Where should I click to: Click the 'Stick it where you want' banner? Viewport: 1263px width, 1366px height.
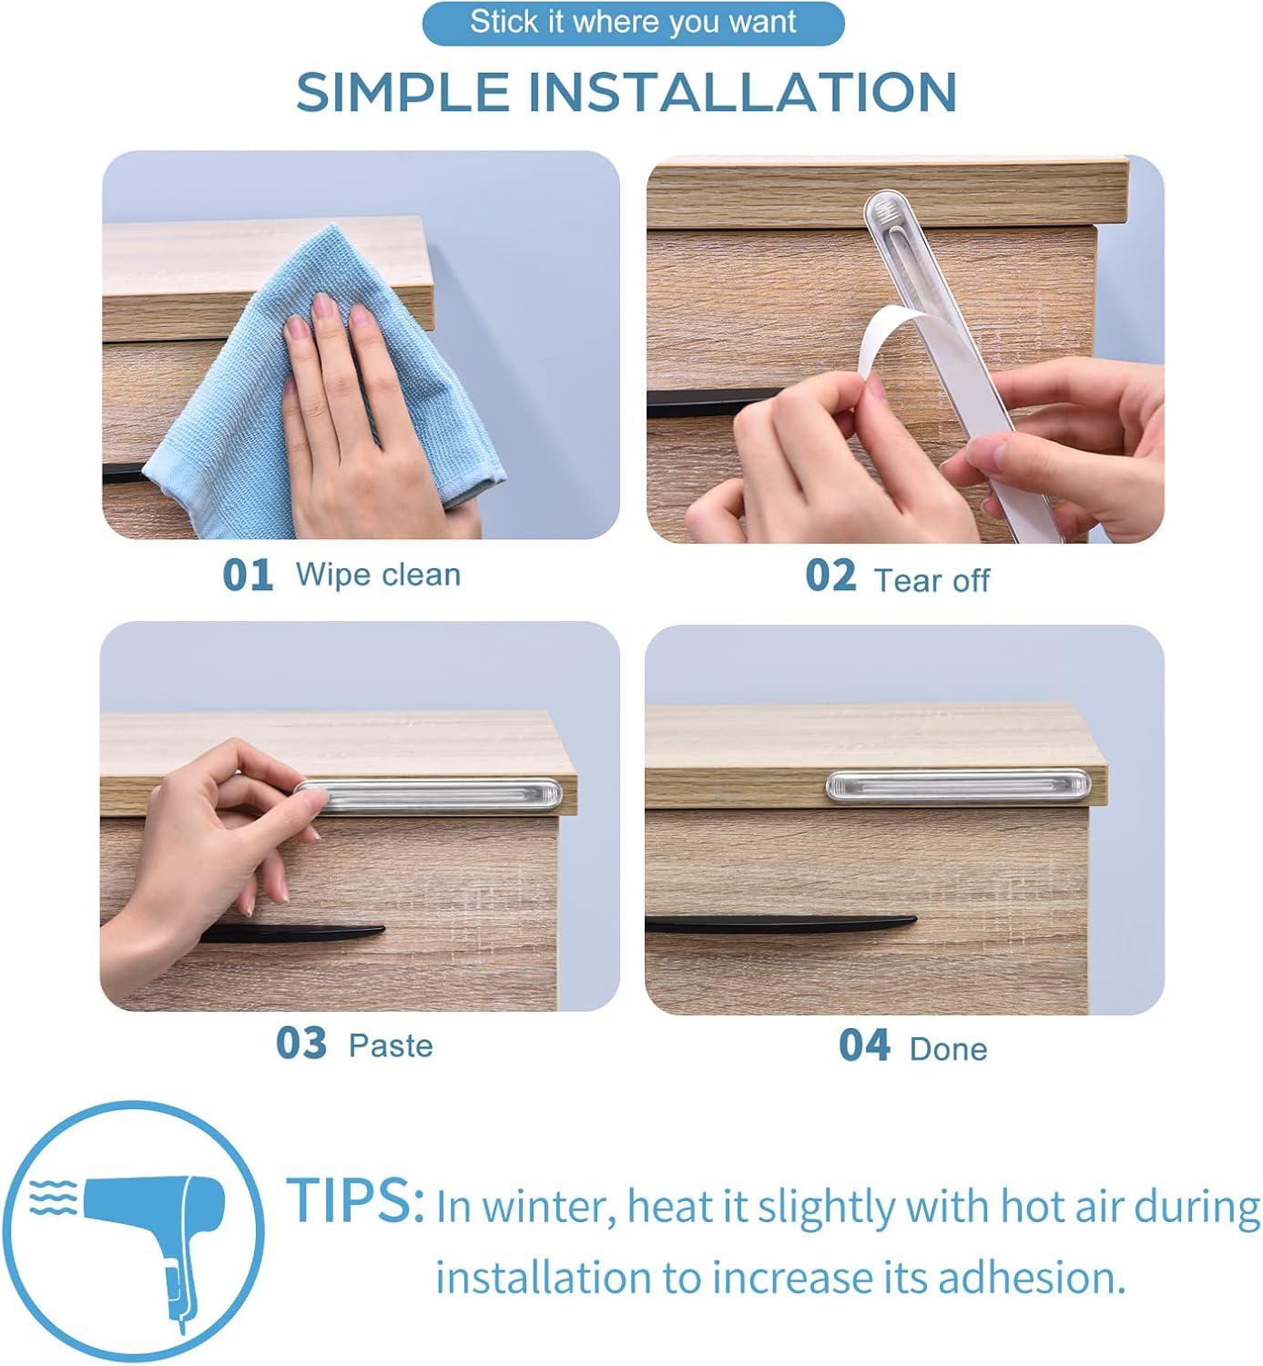pyautogui.click(x=632, y=24)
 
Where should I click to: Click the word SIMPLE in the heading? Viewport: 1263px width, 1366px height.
pyautogui.click(x=402, y=91)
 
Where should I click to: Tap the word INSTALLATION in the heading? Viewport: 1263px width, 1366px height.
pyautogui.click(x=743, y=91)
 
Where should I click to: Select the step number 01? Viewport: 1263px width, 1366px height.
pyautogui.click(x=248, y=575)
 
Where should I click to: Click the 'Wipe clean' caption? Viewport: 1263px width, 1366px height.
pyautogui.click(x=378, y=575)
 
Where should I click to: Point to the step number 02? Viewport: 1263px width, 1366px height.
pyautogui.click(x=830, y=575)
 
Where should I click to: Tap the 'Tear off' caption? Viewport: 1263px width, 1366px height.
pyautogui.click(x=932, y=580)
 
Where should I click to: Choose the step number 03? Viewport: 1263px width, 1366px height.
pyautogui.click(x=300, y=1043)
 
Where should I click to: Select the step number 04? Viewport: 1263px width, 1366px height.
pyautogui.click(x=864, y=1045)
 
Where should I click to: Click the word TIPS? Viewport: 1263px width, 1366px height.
pyautogui.click(x=355, y=1199)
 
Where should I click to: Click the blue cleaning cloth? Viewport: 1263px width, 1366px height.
pyautogui.click(x=323, y=385)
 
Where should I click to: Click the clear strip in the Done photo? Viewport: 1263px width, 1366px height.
pyautogui.click(x=958, y=786)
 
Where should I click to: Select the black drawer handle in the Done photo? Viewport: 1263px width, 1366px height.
pyautogui.click(x=780, y=923)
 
